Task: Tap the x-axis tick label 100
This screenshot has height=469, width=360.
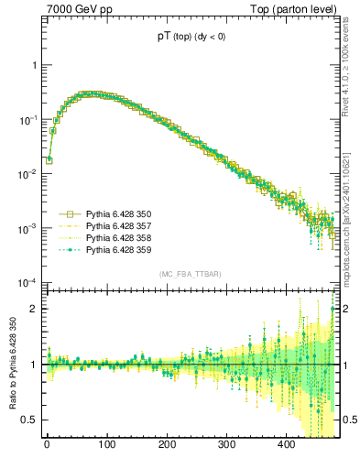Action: pos(106,444)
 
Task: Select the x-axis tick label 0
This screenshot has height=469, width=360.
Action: pos(47,444)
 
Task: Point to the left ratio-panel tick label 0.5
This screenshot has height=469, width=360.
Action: pos(29,420)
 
